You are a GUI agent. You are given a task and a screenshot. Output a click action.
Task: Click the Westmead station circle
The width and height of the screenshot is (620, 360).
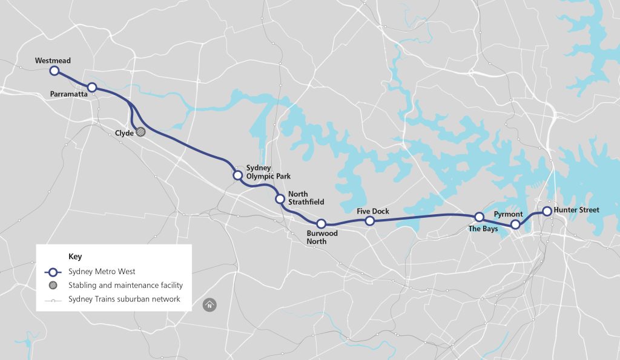point(54,71)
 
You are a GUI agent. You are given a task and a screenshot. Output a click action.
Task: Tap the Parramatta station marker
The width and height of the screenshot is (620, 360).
point(92,88)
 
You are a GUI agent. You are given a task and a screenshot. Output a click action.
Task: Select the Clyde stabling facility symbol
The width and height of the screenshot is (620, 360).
point(141,131)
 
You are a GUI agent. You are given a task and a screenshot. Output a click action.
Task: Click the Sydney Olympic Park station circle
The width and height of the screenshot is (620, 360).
point(238,175)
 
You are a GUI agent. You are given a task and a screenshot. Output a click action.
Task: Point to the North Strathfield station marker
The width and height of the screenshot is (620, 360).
point(280,198)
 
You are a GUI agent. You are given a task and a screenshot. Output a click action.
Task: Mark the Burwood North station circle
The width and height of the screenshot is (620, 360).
point(322,224)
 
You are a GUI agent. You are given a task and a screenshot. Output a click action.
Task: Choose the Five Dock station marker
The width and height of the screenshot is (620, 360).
point(370,221)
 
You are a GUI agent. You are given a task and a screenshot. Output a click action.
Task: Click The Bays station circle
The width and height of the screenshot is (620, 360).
point(479,217)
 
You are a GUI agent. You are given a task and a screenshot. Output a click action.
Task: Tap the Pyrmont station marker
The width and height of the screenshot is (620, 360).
point(515,224)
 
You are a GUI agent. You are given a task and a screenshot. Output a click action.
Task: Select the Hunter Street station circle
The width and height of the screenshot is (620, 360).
point(547,211)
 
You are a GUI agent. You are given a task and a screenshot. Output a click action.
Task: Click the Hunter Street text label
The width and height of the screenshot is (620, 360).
point(576,210)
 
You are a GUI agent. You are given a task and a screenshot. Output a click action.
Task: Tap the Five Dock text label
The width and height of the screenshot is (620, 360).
point(373,211)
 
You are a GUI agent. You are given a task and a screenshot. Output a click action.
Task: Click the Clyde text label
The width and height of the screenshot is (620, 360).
point(124,133)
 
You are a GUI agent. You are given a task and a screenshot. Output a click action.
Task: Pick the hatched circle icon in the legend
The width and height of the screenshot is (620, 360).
point(53,285)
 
